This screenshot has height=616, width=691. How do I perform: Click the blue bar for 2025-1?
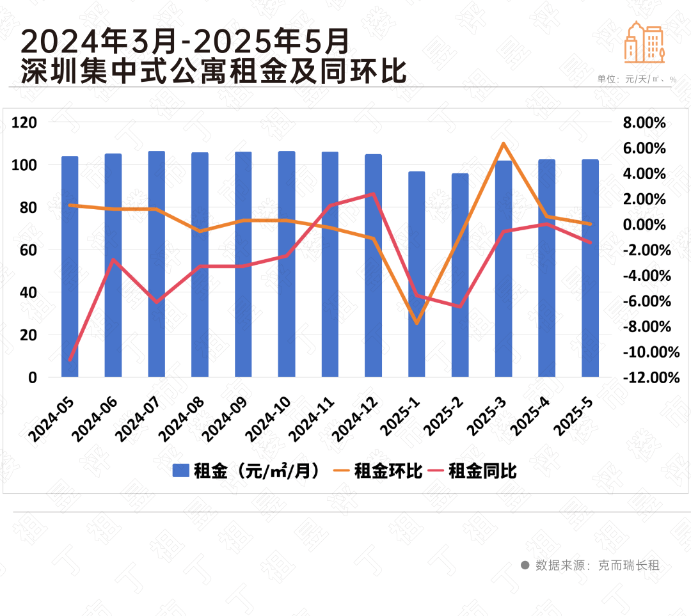point(417,274)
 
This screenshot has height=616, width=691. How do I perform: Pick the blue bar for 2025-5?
point(590,268)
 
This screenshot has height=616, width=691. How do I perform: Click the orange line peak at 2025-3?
point(504,144)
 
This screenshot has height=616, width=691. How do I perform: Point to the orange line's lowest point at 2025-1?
point(417,323)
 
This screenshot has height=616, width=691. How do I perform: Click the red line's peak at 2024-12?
point(373,194)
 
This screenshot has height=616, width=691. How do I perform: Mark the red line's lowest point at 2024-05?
point(70,360)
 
